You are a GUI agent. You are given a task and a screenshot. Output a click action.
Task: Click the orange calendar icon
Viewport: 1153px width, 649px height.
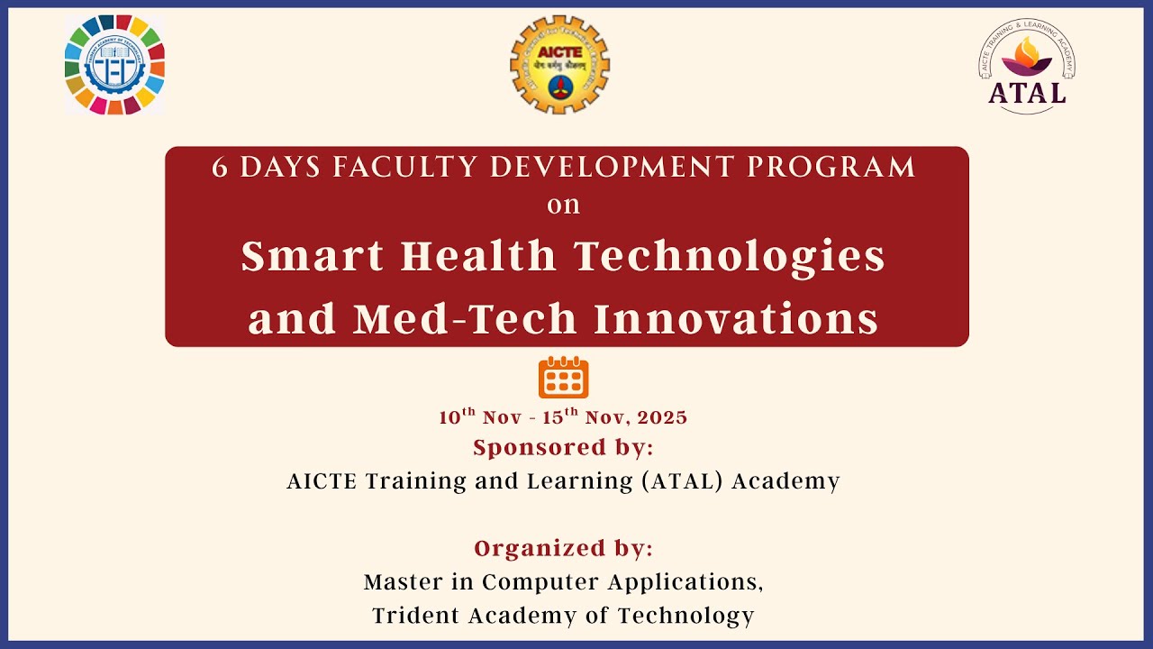[563, 378]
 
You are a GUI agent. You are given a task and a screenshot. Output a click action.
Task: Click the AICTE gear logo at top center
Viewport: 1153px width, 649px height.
[559, 64]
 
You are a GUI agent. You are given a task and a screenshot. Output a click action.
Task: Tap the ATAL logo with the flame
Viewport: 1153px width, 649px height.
[1027, 66]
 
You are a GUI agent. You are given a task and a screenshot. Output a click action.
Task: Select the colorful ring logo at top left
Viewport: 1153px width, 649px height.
[114, 65]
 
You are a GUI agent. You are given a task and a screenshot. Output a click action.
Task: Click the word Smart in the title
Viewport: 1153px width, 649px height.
[312, 257]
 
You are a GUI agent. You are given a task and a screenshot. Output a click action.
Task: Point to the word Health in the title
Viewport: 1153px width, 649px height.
[479, 257]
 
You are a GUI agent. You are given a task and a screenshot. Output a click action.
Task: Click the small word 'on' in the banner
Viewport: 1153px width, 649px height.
[564, 206]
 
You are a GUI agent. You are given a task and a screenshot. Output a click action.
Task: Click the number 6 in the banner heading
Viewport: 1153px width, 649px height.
[220, 168]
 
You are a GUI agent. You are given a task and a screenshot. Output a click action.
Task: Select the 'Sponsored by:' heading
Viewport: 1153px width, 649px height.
[563, 447]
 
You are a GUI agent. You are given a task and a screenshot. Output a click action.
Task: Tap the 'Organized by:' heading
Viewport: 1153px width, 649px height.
[563, 548]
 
